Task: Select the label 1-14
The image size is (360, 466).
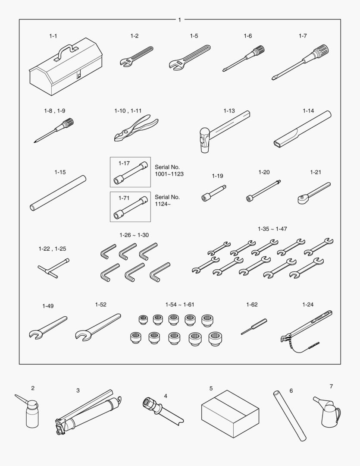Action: (x=308, y=111)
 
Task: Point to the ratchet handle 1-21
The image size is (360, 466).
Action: (x=314, y=193)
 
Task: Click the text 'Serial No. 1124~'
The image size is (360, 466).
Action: (x=167, y=200)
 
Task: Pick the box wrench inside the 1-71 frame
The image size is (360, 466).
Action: (x=131, y=208)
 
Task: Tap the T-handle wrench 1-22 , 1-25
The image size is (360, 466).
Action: (x=54, y=268)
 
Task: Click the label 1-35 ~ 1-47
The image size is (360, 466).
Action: (x=272, y=229)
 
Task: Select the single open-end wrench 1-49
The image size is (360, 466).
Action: (x=48, y=328)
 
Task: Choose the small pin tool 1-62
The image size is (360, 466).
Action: (x=254, y=326)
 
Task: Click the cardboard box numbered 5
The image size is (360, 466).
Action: (x=230, y=414)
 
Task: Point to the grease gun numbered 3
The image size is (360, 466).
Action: (x=88, y=412)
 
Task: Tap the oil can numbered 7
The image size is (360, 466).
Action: (x=327, y=411)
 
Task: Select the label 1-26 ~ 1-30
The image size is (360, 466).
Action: (x=134, y=235)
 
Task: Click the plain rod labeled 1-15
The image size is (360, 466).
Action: (x=58, y=193)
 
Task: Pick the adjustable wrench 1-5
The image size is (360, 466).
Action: (x=190, y=58)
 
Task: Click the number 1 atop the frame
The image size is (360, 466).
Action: (x=179, y=20)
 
